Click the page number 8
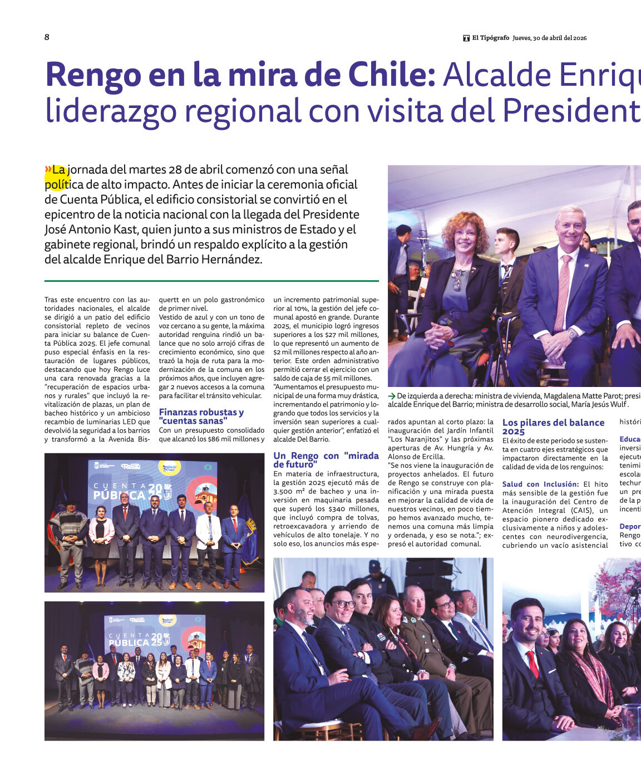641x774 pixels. [x=47, y=37]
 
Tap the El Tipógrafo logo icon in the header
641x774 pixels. [x=466, y=38]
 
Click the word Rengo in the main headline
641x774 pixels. [x=93, y=75]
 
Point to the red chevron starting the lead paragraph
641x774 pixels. [x=48, y=169]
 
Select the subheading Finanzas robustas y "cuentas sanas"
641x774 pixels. [x=201, y=417]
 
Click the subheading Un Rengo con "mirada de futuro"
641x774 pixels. [x=326, y=459]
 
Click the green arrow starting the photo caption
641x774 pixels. [x=391, y=396]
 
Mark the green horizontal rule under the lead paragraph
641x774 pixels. [x=211, y=281]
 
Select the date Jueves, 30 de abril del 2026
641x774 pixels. [x=549, y=38]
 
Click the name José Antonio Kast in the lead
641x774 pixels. [x=90, y=229]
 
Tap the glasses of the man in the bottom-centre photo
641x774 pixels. [x=344, y=604]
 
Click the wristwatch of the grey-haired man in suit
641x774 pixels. [x=571, y=334]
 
